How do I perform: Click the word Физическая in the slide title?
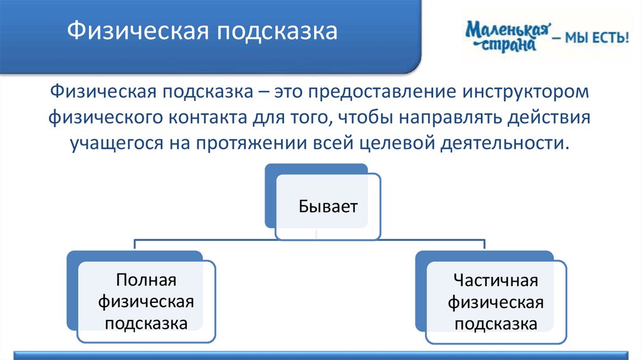click(x=139, y=31)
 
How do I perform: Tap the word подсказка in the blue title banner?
click(x=277, y=31)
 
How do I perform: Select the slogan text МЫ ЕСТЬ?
click(x=597, y=38)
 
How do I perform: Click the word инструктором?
click(x=526, y=92)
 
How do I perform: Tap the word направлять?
click(x=450, y=118)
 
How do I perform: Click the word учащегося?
click(x=117, y=144)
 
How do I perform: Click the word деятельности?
click(x=505, y=144)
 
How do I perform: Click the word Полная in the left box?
click(x=146, y=280)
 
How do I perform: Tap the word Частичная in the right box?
click(x=496, y=280)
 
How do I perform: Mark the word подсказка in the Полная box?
click(x=146, y=324)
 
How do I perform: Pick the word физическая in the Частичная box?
click(x=496, y=303)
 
